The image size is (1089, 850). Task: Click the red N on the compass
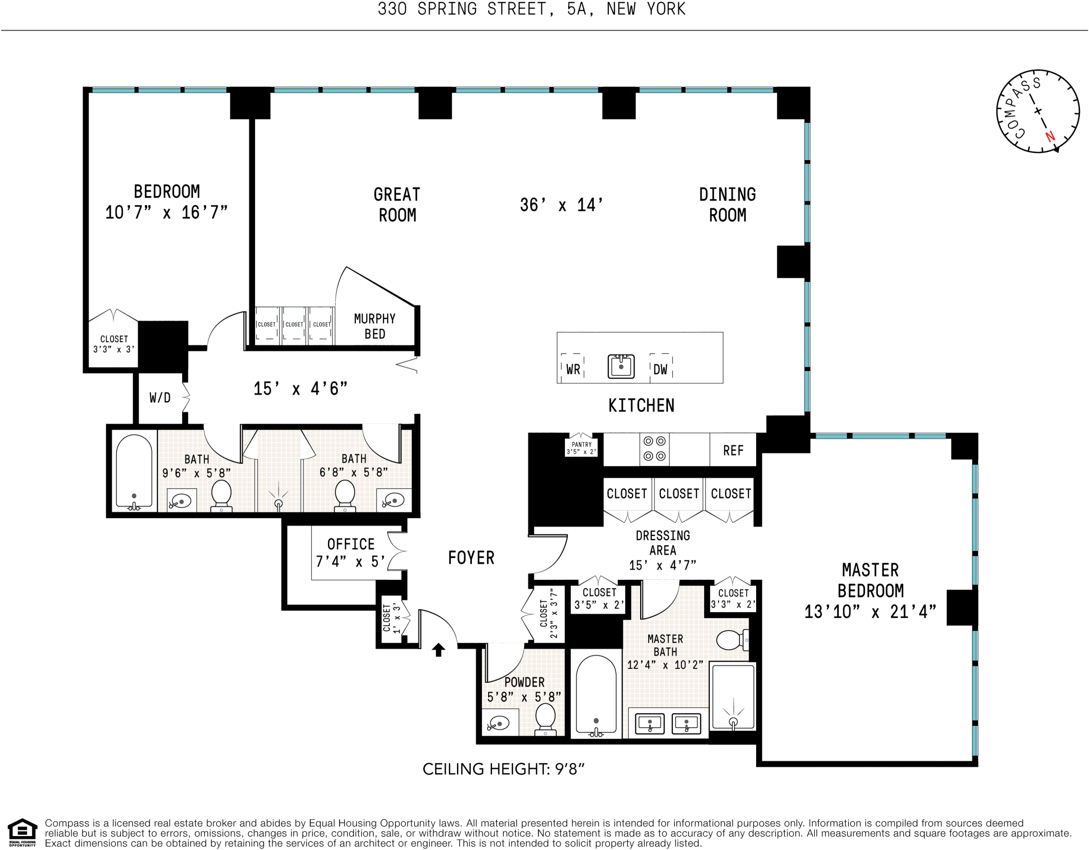coord(1050,136)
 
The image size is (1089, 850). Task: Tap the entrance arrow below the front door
coord(438,650)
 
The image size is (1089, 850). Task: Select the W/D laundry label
coord(160,398)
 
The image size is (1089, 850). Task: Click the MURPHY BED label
coord(374,326)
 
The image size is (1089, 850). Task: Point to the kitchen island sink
coord(621,366)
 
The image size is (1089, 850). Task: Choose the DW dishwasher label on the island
coord(660,369)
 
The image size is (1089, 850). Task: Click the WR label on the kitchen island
coord(573,369)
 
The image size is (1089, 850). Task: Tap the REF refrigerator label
coord(733,450)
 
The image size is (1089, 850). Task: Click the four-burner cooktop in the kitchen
coord(654,449)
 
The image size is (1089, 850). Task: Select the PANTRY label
coord(582,445)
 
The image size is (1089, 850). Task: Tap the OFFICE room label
coord(350,544)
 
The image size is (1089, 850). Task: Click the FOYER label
coord(471,558)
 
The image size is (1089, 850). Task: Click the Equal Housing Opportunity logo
coord(22,832)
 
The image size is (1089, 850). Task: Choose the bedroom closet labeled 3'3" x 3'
coord(114,344)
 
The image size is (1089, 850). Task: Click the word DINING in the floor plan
coord(727,194)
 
